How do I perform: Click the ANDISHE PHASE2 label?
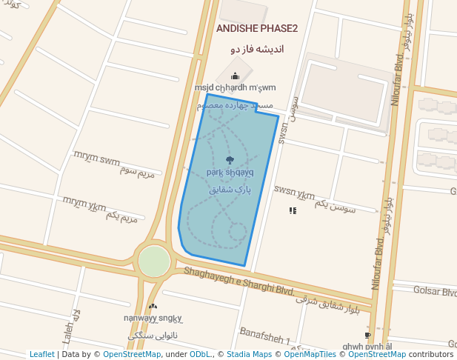coord(256,29)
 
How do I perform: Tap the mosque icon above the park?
coord(235,76)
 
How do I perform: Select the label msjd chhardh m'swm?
coord(235,88)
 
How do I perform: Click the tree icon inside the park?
coord(230,160)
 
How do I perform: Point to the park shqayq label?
coord(230,173)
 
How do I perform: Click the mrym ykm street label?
coord(84,201)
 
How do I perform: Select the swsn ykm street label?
coord(294,194)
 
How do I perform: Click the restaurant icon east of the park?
coord(293,210)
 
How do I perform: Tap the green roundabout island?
coord(154,261)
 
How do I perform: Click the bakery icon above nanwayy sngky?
coord(153,306)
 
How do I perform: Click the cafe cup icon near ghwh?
coord(367,336)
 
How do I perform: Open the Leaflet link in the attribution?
coord(42,355)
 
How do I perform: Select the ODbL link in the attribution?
coord(199,355)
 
